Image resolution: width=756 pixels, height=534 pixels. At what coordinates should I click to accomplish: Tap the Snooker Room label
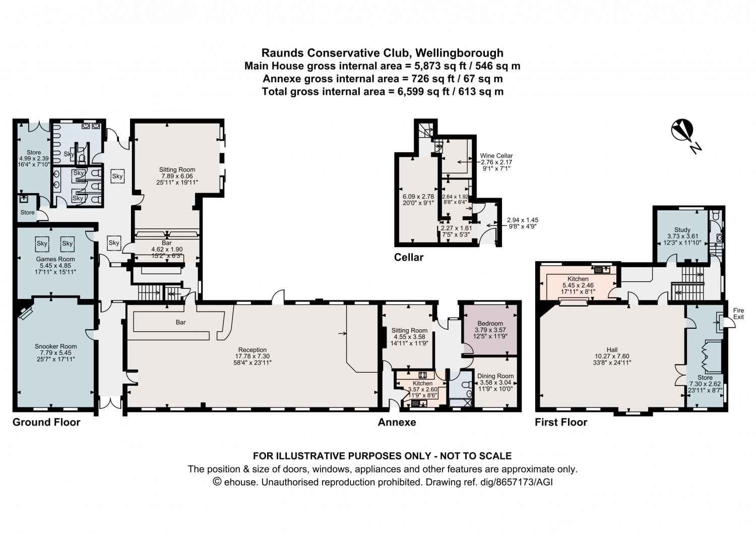(x=55, y=346)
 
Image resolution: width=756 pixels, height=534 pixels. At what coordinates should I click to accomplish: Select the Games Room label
(x=55, y=259)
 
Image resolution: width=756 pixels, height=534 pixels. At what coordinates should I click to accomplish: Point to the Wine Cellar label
(x=496, y=156)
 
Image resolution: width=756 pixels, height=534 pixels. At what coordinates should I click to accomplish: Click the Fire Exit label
(x=738, y=314)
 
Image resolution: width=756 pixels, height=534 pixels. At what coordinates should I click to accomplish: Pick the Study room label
(x=682, y=229)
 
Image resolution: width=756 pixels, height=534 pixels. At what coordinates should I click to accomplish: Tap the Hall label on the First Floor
(x=612, y=349)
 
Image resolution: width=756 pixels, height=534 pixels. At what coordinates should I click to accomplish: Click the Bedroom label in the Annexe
(x=490, y=323)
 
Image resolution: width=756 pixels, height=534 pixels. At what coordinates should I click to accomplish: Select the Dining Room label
(x=495, y=376)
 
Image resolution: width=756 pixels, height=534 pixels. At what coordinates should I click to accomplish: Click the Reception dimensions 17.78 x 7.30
(x=252, y=356)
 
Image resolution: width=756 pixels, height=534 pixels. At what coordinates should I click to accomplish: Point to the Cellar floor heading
(x=408, y=257)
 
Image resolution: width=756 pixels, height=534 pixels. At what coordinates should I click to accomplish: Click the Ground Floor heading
(x=46, y=422)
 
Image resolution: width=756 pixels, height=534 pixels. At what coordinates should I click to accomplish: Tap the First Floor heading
(x=561, y=422)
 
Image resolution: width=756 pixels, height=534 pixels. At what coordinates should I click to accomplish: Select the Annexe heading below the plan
(x=397, y=422)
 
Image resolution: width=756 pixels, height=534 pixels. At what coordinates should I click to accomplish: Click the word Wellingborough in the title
(x=459, y=53)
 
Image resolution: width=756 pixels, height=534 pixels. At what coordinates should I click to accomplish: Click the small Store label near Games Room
(x=27, y=212)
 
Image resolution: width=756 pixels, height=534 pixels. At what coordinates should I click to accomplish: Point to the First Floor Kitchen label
(x=578, y=279)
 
